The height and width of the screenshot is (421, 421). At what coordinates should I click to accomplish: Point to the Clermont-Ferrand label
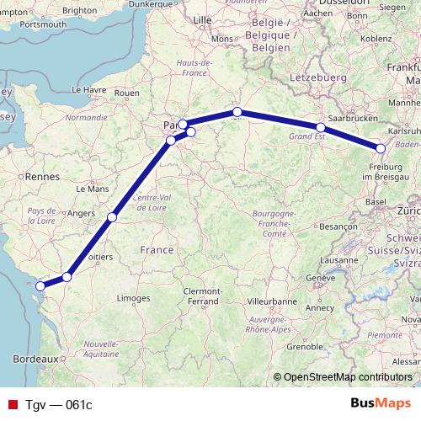195,296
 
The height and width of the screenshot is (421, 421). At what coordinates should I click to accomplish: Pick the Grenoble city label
305,346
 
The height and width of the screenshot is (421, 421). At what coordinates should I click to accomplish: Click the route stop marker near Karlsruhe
380,149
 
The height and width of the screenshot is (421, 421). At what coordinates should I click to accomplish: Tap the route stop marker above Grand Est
320,128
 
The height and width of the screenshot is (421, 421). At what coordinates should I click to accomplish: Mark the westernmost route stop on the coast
40,285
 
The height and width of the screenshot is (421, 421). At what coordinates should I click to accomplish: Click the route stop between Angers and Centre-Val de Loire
112,218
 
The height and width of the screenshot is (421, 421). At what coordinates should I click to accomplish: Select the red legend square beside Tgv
11,404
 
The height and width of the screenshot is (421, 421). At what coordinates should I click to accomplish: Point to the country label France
157,250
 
